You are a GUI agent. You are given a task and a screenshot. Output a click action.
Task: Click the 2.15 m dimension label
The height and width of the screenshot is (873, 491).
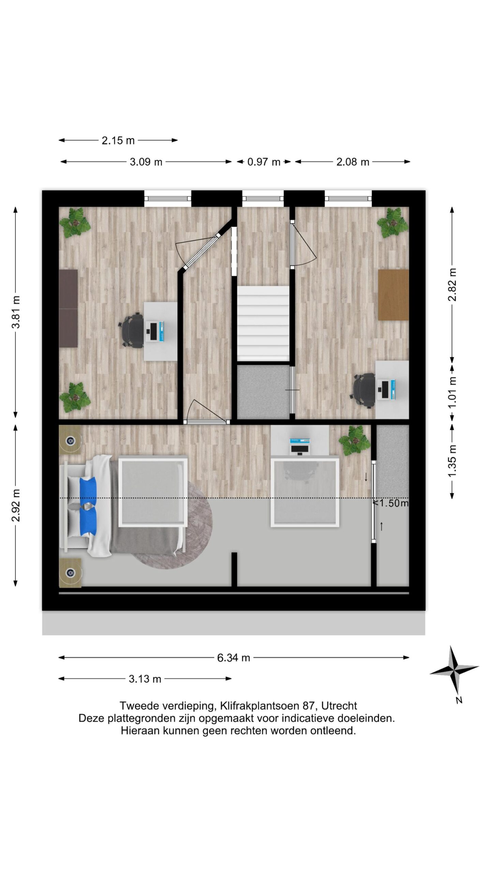coord(118,140)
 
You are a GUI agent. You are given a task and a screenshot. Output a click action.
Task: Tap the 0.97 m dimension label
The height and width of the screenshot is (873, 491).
coord(264,162)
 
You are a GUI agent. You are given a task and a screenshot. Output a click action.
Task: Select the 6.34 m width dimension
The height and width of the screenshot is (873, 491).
coord(234,657)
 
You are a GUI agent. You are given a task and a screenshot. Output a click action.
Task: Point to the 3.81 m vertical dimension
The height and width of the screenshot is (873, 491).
coord(16,312)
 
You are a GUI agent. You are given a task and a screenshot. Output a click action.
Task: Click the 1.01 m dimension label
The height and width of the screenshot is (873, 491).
coord(452,392)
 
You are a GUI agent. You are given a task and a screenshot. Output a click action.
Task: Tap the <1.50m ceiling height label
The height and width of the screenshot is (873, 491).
coord(390,503)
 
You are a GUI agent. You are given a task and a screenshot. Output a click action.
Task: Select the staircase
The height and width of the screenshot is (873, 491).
coord(263,323)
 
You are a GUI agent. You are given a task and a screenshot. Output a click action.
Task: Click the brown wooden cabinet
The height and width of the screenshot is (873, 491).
coord(393,295)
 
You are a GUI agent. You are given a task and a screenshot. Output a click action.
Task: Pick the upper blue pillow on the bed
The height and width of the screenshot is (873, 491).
coord(88,487)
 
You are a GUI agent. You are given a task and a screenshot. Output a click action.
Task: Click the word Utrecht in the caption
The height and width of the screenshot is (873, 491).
coord(339,706)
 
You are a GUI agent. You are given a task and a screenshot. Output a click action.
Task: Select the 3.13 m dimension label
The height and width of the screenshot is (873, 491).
coord(145,679)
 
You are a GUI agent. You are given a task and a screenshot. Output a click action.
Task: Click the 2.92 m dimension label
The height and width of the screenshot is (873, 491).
coord(16,505)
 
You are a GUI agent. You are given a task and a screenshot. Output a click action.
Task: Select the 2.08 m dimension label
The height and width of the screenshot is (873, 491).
coord(353,162)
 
